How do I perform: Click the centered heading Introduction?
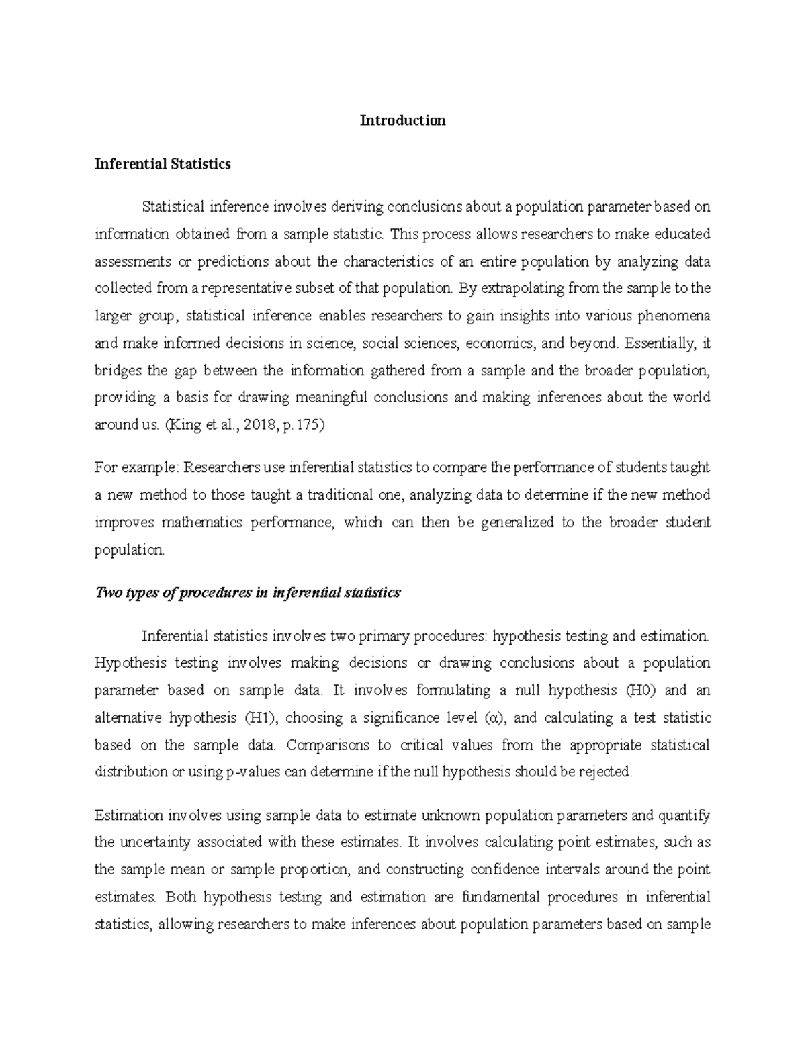pos(402,121)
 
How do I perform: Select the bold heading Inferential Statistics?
pos(163,164)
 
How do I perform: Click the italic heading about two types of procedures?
pos(248,592)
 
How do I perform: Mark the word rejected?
pos(607,772)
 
